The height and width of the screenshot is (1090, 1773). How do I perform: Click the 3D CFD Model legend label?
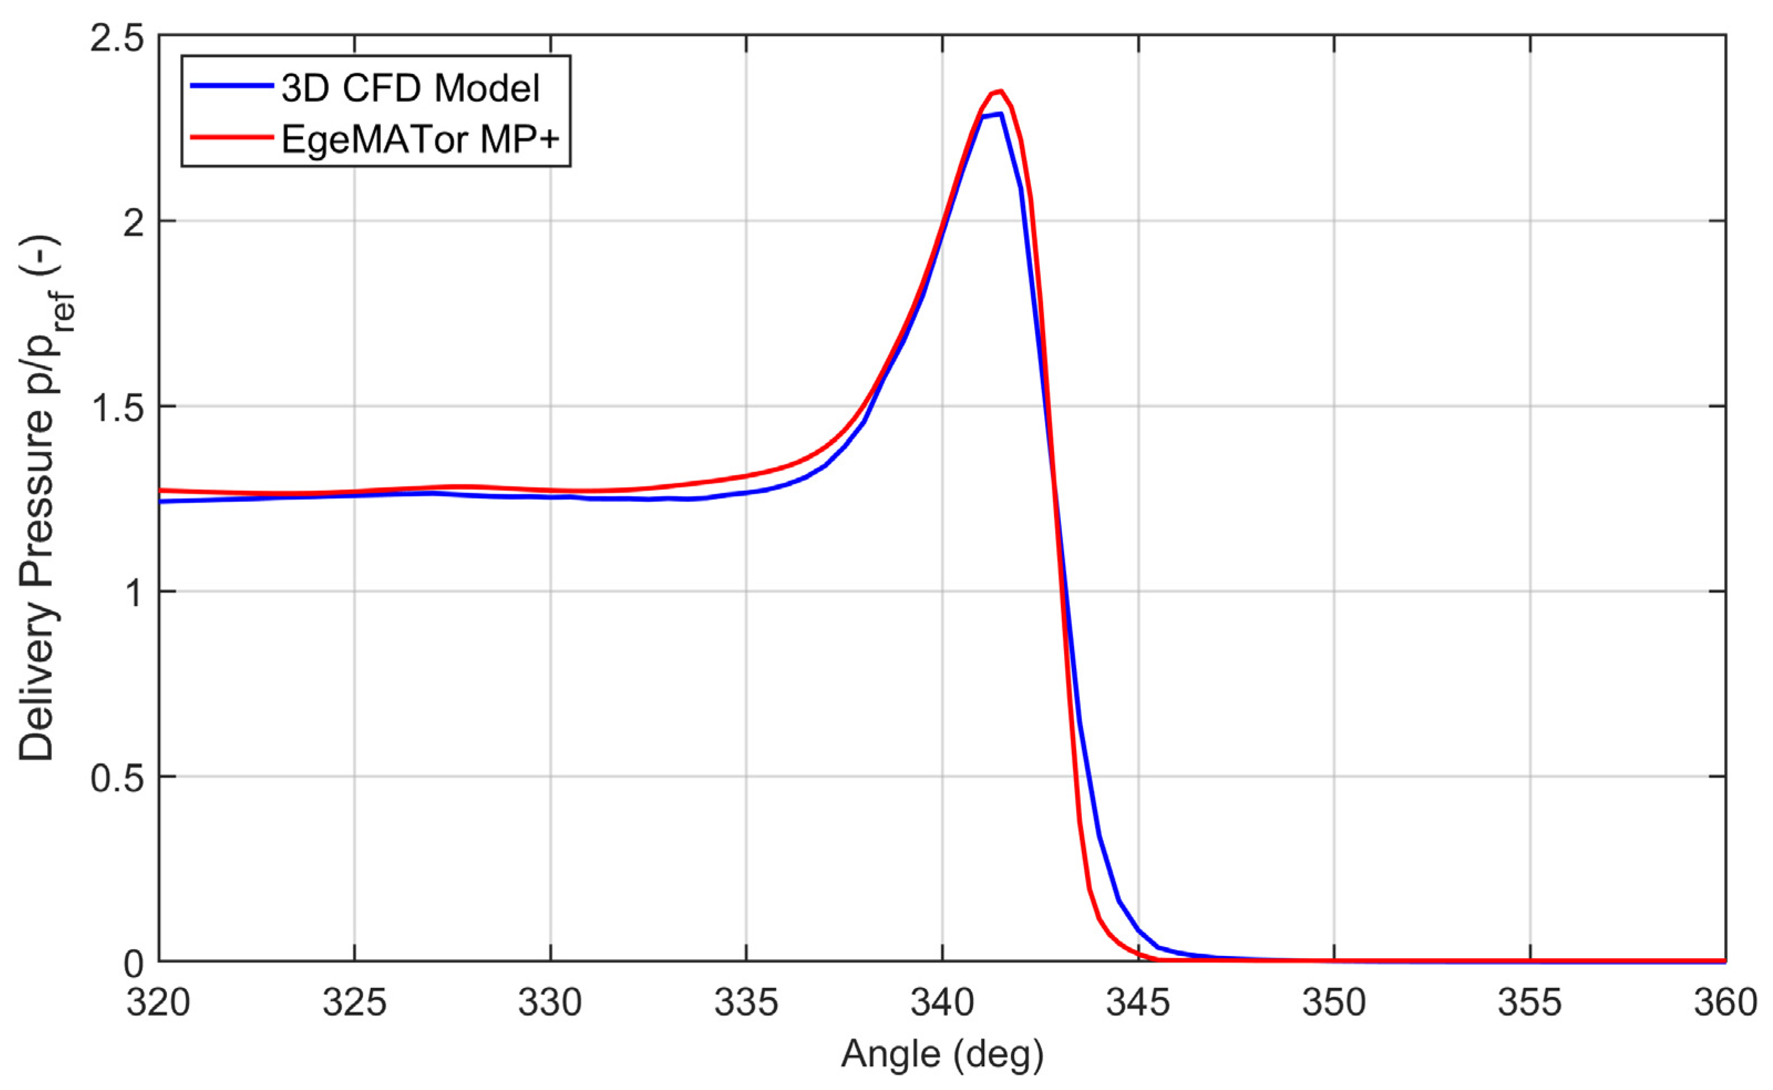pos(410,89)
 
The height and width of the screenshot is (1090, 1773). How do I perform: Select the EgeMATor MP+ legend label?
pos(420,139)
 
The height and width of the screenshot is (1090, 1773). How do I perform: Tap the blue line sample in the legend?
pos(232,86)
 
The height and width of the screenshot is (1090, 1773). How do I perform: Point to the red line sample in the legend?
pos(232,136)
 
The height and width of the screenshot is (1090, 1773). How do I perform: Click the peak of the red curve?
pos(1000,91)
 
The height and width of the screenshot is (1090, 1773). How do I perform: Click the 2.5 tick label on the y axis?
pos(117,38)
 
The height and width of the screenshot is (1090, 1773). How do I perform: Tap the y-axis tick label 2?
pos(134,223)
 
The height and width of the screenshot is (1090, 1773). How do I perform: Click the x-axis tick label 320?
pos(159,1003)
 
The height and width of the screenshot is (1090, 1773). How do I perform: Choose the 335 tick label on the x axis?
pos(746,1003)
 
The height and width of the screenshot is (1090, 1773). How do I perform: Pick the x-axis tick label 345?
pos(1138,1003)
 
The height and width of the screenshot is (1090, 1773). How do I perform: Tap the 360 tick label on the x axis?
pos(1725,1003)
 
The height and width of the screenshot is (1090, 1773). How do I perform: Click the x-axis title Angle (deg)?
pos(942,1054)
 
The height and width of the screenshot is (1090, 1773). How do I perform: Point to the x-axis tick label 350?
pos(1334,1003)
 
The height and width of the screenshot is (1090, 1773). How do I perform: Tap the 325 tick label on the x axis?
pos(355,1003)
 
